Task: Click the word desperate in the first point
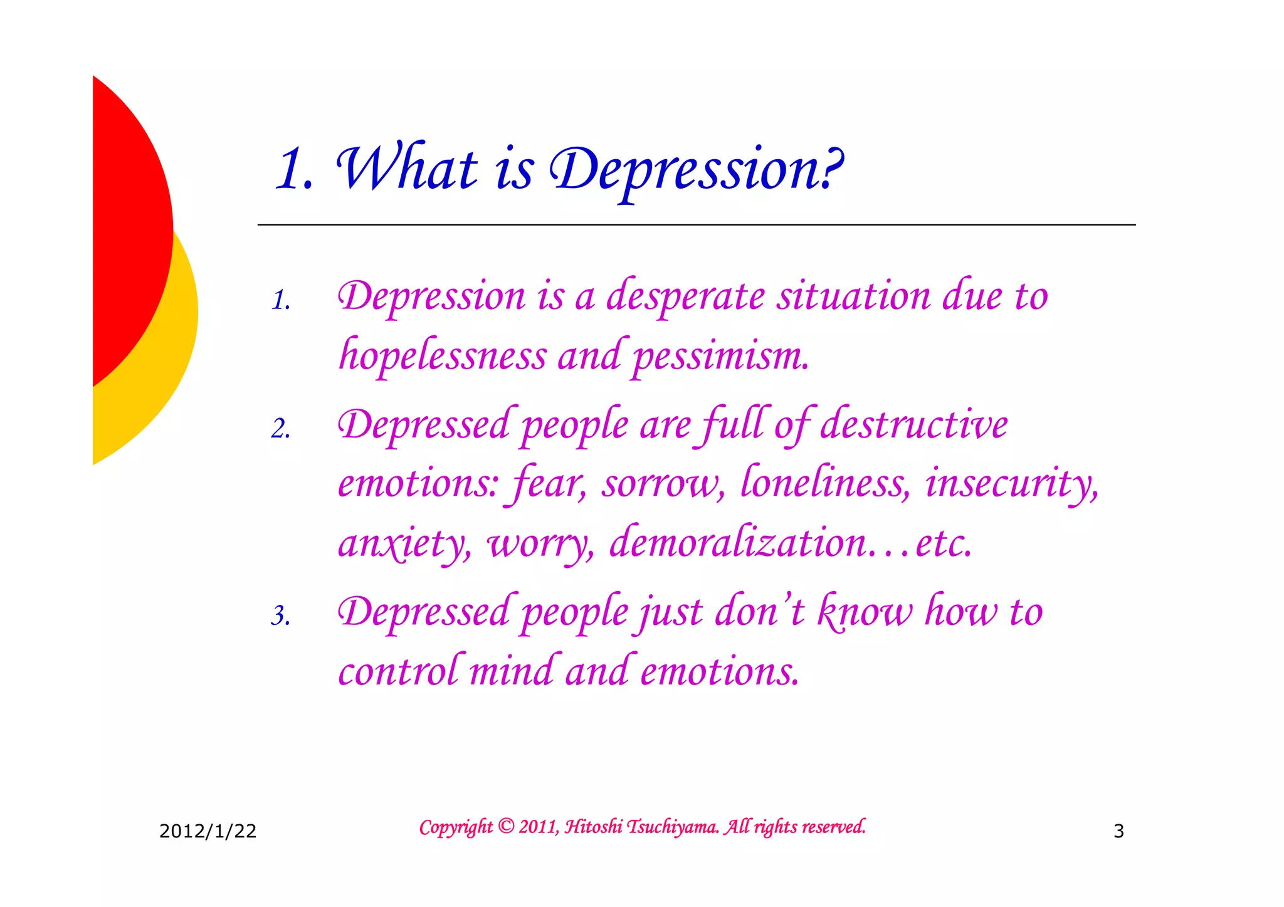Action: (685, 296)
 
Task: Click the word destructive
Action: (913, 425)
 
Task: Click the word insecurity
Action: (1011, 484)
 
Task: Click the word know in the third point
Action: (865, 612)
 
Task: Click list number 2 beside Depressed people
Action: (281, 429)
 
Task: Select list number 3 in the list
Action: (281, 616)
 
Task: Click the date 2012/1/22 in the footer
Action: (208, 831)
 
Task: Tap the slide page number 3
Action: (1118, 831)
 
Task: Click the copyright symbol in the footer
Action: (506, 827)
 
